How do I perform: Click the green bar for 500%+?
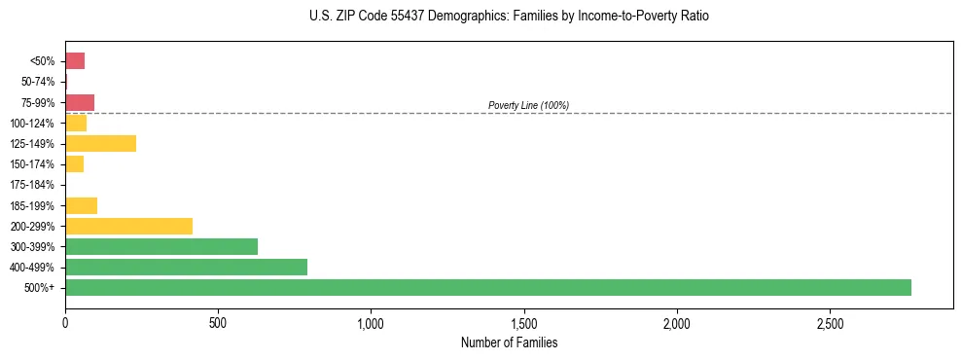(487, 287)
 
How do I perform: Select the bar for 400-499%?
(186, 267)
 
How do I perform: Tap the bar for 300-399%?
(161, 246)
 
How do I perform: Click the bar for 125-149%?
(100, 143)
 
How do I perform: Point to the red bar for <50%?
(75, 61)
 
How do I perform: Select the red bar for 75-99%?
(80, 102)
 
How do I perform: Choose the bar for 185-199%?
(81, 205)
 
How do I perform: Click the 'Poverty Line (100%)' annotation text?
(528, 105)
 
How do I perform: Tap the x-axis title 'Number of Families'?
(509, 342)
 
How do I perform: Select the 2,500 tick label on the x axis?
(830, 322)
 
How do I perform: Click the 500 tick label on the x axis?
(218, 322)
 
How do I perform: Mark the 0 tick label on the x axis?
(65, 322)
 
